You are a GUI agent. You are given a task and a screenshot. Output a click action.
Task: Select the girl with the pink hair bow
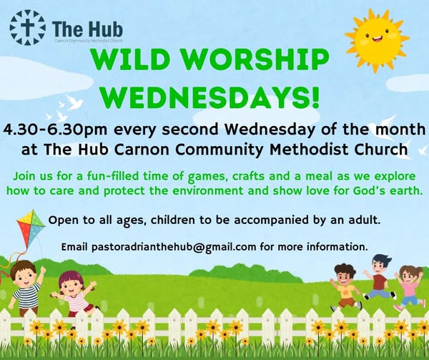click(x=74, y=290)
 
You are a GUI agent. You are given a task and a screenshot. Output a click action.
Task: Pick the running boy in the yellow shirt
click(x=346, y=283)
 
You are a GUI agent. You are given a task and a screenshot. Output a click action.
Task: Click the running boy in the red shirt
click(x=379, y=276)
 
